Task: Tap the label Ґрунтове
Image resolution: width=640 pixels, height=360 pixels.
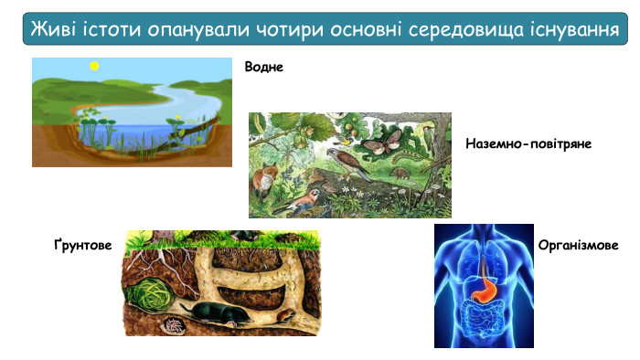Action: click(x=83, y=247)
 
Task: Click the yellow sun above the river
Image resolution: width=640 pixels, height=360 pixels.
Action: click(x=92, y=67)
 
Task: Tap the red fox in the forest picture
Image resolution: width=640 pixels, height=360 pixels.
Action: click(x=267, y=176)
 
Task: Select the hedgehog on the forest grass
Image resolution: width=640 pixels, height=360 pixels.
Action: click(x=402, y=171)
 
